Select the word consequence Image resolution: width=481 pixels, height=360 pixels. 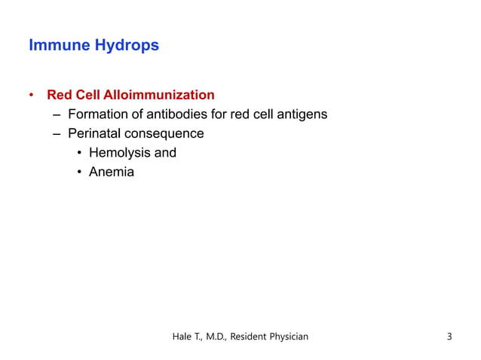coord(166,134)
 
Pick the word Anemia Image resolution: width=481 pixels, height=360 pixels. coord(111,172)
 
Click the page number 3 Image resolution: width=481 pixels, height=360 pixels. coord(449,336)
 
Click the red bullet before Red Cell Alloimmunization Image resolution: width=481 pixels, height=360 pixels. coord(32,96)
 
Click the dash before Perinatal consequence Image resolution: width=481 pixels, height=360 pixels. coord(57,134)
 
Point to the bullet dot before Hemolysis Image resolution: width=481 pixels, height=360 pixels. coord(79,154)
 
